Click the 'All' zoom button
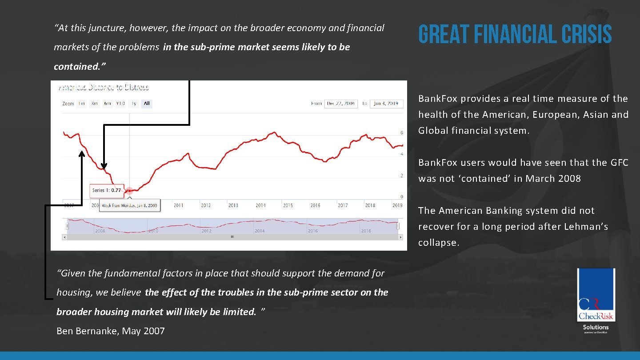[x=147, y=104]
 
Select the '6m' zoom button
[x=107, y=104]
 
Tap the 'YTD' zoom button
[x=120, y=104]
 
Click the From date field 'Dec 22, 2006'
[x=341, y=104]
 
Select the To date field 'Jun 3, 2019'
[x=387, y=104]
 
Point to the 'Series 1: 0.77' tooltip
[x=106, y=190]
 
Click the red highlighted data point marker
[x=129, y=191]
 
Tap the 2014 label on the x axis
[x=260, y=205]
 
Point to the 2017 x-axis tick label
[x=343, y=205]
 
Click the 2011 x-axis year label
[x=178, y=205]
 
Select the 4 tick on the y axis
[x=402, y=154]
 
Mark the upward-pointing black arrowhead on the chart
[x=82, y=154]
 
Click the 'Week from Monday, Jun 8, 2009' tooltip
[x=129, y=205]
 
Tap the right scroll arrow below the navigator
[x=400, y=237]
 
